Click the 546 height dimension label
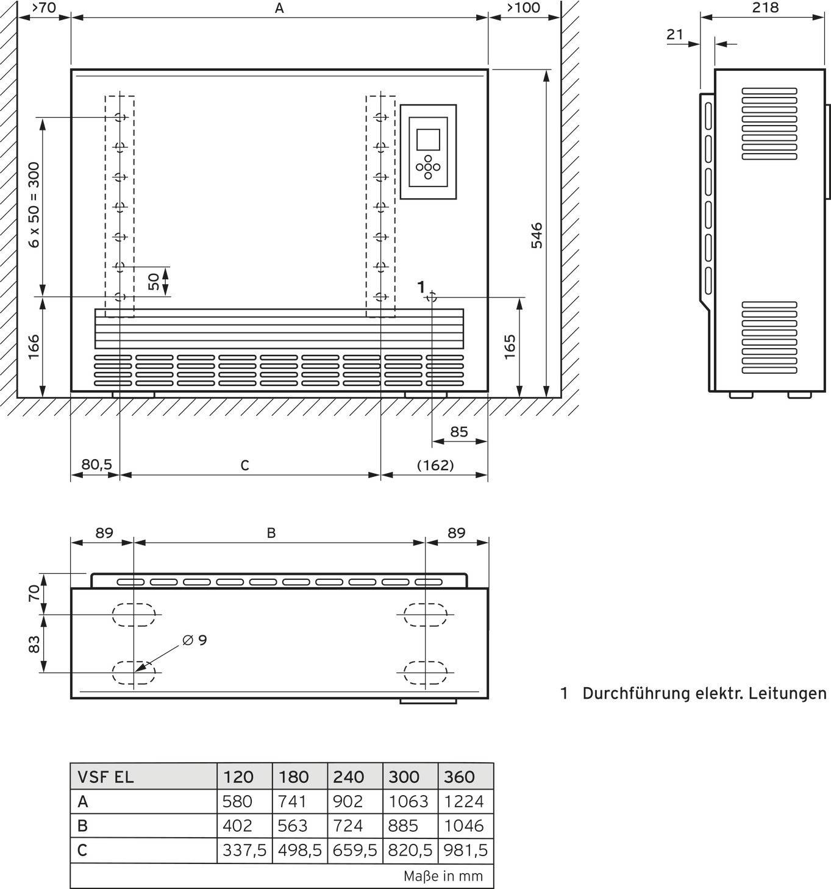(x=536, y=235)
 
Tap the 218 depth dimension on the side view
(x=765, y=7)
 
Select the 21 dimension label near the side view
(x=675, y=34)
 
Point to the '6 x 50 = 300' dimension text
(x=34, y=204)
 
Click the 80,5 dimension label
(x=96, y=465)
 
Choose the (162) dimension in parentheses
(x=435, y=465)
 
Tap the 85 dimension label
(x=458, y=432)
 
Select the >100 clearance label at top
(x=523, y=7)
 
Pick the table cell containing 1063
(x=408, y=801)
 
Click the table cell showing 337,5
(x=244, y=850)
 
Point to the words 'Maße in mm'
(x=443, y=876)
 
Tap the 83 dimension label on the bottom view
(x=34, y=643)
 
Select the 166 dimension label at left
(x=34, y=346)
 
